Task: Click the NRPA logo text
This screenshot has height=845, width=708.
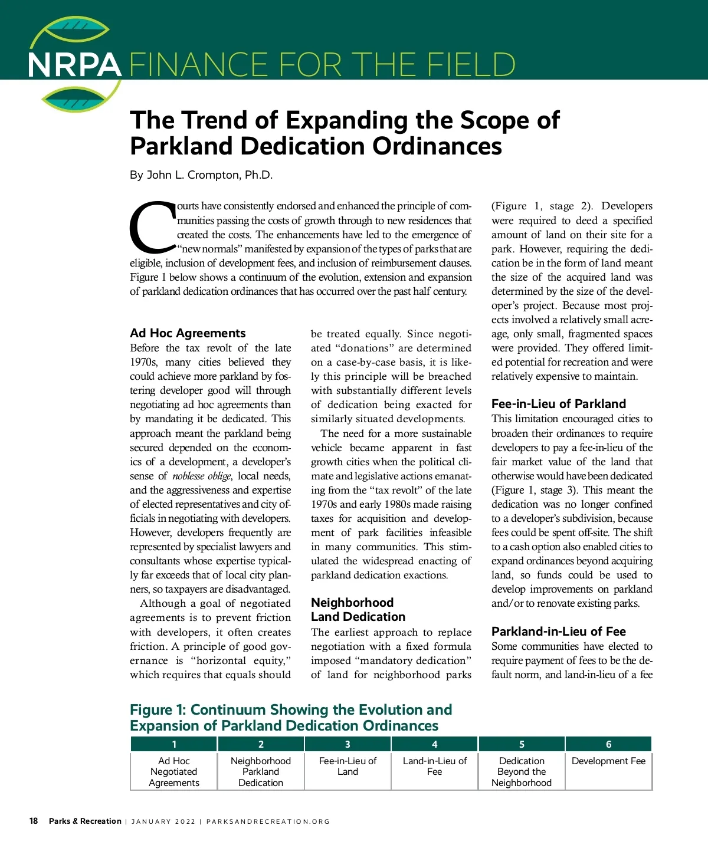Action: (x=74, y=65)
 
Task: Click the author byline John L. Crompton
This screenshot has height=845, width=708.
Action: (x=201, y=175)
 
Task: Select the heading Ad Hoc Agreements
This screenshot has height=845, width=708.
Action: (x=188, y=333)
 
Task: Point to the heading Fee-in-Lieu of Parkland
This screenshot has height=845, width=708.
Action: (x=558, y=404)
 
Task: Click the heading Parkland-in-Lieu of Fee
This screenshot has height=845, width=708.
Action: (x=558, y=632)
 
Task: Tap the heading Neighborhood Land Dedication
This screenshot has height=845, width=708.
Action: (x=358, y=610)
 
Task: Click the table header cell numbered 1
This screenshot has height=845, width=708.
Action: (x=174, y=744)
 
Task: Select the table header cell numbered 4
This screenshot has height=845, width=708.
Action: (x=435, y=744)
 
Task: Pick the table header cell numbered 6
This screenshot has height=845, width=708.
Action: (x=609, y=744)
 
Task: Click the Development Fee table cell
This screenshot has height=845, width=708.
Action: (x=609, y=761)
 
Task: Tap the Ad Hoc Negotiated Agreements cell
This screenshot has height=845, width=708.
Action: (x=174, y=772)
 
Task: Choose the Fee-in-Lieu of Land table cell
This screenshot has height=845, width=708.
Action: (x=348, y=766)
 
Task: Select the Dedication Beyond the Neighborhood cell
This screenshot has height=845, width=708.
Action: (x=522, y=772)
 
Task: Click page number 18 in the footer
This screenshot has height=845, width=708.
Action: (x=34, y=821)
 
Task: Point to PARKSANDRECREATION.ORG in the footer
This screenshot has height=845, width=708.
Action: (x=268, y=821)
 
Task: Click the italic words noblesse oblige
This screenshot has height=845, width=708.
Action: (x=202, y=476)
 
